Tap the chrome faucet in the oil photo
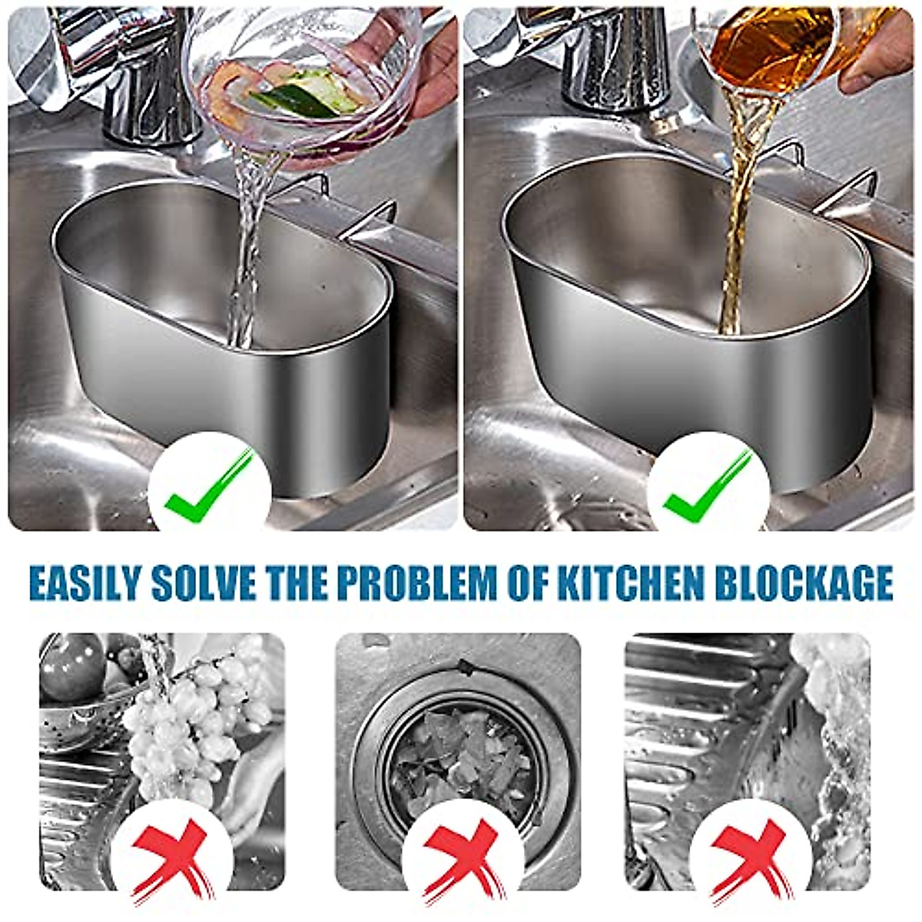pos(607,61)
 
